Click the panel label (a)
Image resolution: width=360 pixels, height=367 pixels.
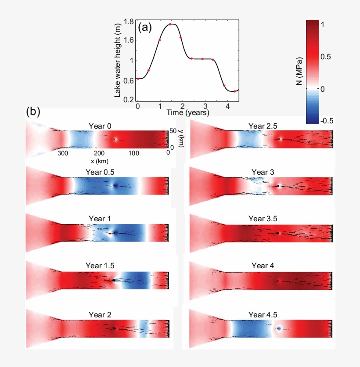click(x=145, y=28)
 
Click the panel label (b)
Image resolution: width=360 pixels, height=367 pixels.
click(x=33, y=112)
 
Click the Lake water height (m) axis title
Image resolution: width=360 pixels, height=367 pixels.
click(x=118, y=60)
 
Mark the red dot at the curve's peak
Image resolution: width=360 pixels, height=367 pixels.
click(x=170, y=24)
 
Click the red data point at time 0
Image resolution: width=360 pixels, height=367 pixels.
click(x=138, y=79)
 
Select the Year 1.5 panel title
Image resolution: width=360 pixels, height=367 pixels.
click(x=101, y=266)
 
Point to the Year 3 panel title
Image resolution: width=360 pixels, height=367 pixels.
click(x=263, y=172)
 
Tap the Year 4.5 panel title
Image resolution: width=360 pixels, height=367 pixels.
click(x=263, y=314)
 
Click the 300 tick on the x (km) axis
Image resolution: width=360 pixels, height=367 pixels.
click(x=62, y=153)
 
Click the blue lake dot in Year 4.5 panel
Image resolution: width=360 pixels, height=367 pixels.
click(x=279, y=328)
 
